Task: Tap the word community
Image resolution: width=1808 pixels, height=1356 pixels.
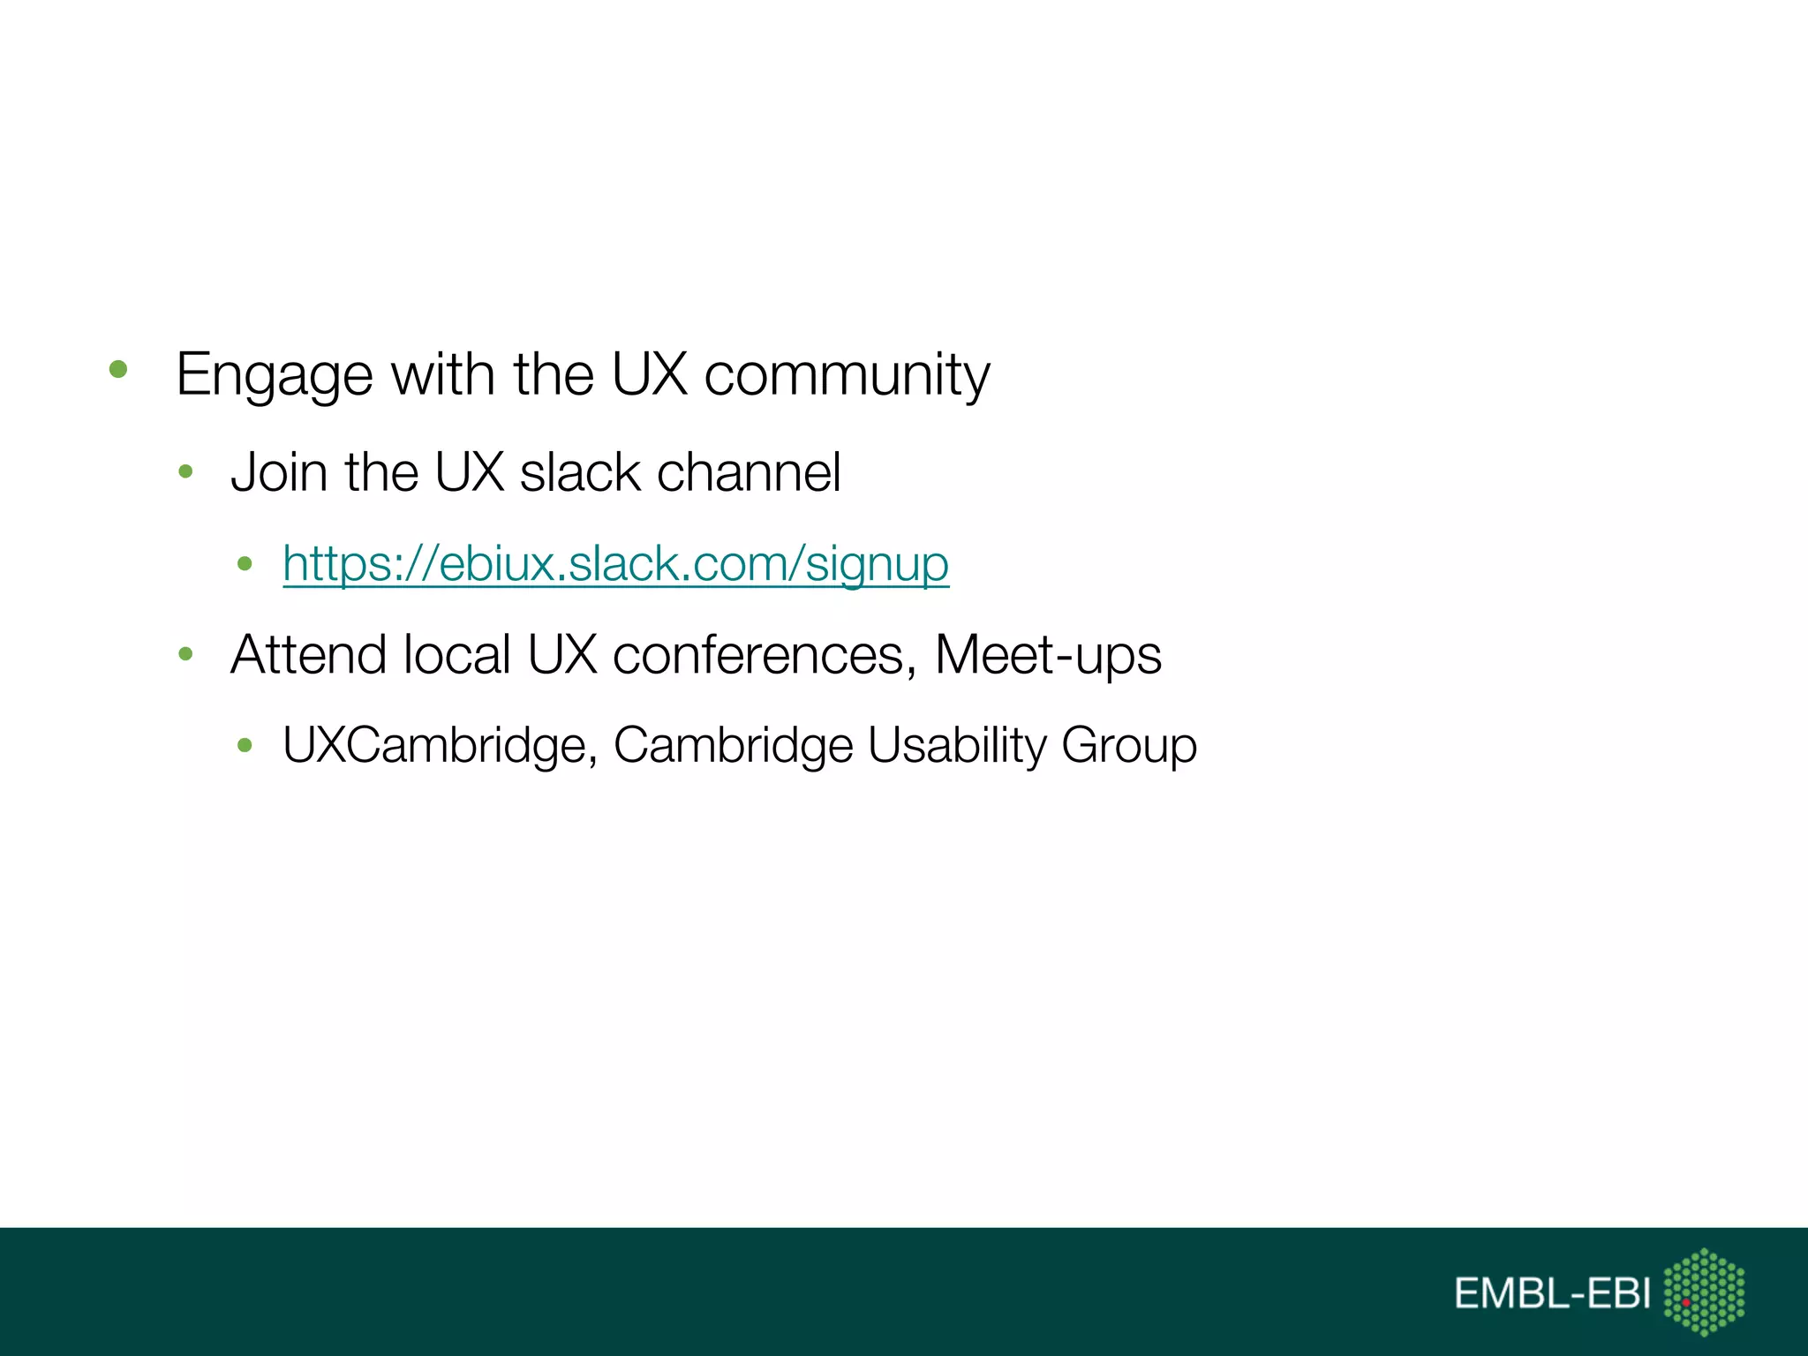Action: [x=847, y=375]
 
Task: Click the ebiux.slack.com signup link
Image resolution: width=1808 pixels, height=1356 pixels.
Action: [x=615, y=563]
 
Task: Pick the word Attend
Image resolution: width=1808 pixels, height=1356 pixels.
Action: [x=309, y=655]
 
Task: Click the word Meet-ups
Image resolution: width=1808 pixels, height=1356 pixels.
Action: [x=1047, y=655]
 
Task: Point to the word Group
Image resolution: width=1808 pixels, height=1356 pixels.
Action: [x=1128, y=745]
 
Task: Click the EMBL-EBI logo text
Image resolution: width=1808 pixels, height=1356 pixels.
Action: [x=1552, y=1293]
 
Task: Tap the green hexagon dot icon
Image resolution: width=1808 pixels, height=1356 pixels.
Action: [x=1704, y=1292]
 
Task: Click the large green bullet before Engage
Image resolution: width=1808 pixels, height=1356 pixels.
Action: [x=118, y=369]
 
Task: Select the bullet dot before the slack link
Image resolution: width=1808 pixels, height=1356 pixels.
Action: [x=245, y=563]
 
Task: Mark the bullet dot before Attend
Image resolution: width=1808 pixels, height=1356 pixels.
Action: [x=185, y=654]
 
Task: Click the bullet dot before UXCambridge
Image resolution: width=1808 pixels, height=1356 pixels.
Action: [x=245, y=746]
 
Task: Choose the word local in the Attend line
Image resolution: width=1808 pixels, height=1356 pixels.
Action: [x=456, y=655]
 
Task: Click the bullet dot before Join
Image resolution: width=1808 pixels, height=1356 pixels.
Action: [x=185, y=472]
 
